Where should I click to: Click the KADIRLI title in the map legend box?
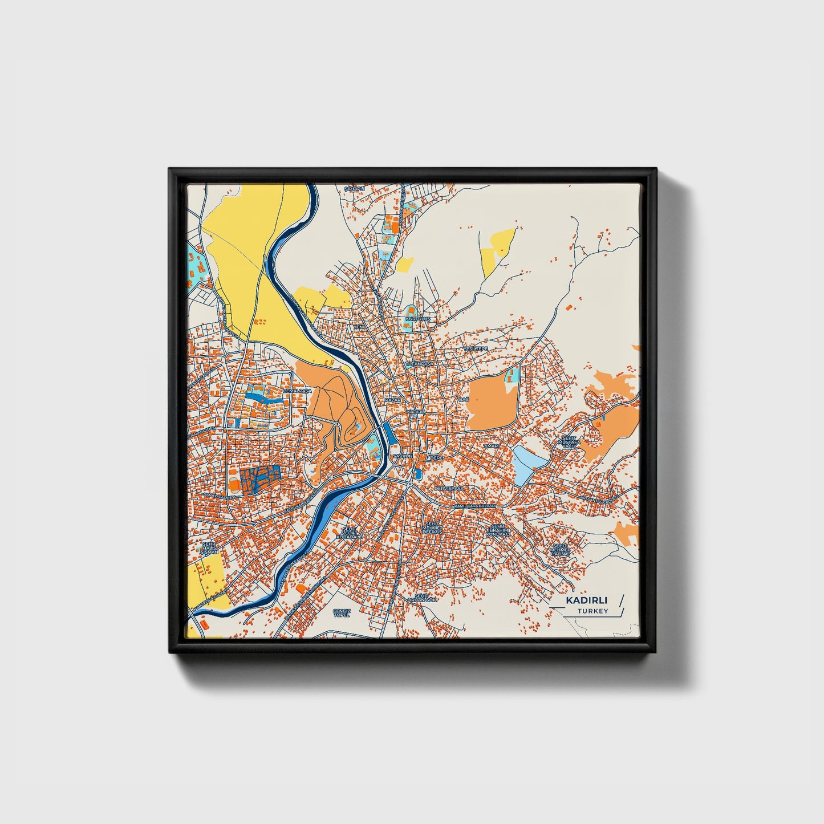click(x=586, y=600)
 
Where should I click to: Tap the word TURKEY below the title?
click(x=592, y=611)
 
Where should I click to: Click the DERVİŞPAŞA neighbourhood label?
click(x=449, y=489)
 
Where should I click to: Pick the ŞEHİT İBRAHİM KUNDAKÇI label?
click(x=498, y=530)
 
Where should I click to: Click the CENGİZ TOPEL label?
click(x=341, y=613)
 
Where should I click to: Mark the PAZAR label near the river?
click(x=393, y=401)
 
